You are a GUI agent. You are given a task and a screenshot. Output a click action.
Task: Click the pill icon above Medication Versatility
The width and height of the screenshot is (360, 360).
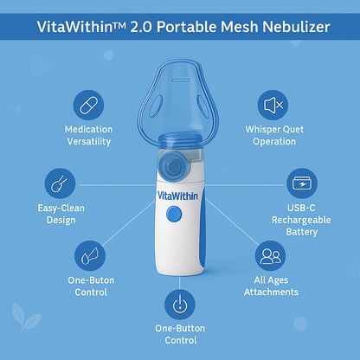pyautogui.click(x=88, y=105)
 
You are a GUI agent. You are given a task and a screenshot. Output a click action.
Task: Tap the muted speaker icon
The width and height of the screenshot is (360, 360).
pyautogui.click(x=273, y=105)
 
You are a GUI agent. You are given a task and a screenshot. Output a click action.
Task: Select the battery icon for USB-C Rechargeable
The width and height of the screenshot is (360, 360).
pyautogui.click(x=302, y=183)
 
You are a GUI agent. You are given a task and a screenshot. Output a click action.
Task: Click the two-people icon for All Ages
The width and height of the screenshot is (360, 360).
pyautogui.click(x=270, y=256)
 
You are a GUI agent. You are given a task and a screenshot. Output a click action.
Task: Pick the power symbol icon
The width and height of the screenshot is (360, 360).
pyautogui.click(x=180, y=305)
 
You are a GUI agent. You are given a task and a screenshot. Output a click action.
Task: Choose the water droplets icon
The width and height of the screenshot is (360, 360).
pyautogui.click(x=90, y=256)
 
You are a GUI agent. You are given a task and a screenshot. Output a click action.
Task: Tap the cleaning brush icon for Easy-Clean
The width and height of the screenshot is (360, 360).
pyautogui.click(x=60, y=183)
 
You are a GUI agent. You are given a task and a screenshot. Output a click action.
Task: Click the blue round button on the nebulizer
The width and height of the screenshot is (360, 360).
pyautogui.click(x=174, y=215)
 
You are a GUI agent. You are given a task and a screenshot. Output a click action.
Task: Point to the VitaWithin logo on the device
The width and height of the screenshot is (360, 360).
pyautogui.click(x=177, y=196)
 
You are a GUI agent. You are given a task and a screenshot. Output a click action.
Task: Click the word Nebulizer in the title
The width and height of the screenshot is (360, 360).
pyautogui.click(x=296, y=27)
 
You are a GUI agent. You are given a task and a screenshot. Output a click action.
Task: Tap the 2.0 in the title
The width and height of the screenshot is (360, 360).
pyautogui.click(x=141, y=27)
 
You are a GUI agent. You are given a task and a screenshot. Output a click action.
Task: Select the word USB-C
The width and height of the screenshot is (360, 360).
pyautogui.click(x=301, y=208)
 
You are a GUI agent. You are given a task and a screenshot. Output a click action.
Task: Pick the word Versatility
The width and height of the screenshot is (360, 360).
pyautogui.click(x=89, y=141)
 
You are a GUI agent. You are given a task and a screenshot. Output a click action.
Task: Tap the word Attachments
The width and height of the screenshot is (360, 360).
pyautogui.click(x=271, y=292)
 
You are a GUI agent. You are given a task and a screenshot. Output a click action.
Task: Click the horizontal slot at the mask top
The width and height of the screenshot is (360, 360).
pyautogui.click(x=181, y=80)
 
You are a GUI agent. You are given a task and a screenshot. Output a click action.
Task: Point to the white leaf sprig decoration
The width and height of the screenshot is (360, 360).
pyautogui.click(x=26, y=317)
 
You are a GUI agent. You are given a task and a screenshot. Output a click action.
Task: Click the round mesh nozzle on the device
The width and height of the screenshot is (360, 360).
pyautogui.click(x=173, y=166)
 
